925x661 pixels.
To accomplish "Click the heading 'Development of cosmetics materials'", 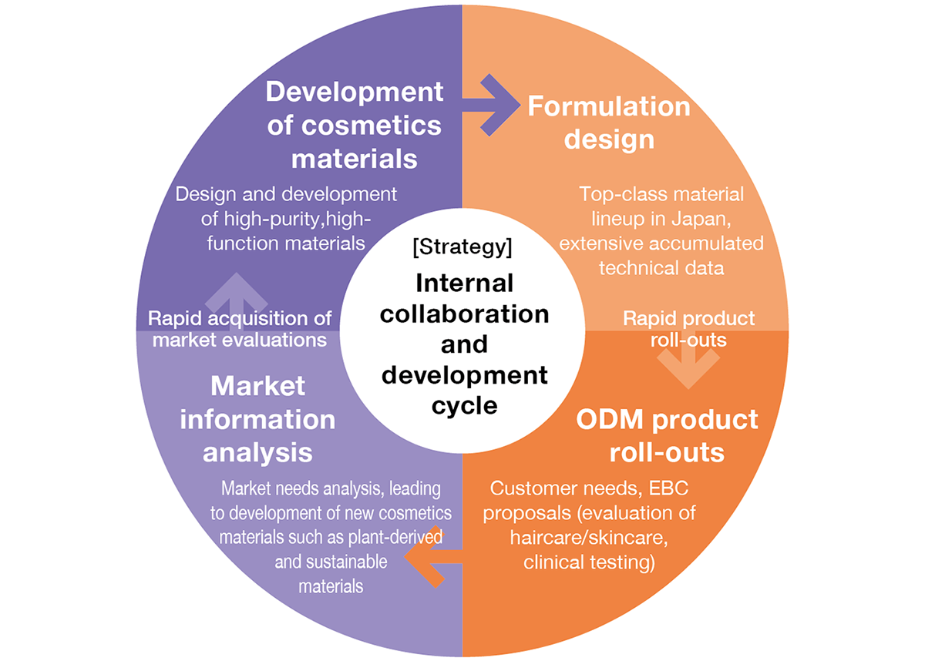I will (x=355, y=125).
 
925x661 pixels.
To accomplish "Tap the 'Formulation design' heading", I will (x=609, y=122).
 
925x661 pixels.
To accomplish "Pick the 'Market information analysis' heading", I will (x=257, y=419).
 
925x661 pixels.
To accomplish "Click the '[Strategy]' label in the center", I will (x=462, y=248).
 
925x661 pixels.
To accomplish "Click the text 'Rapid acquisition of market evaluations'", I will (x=240, y=328).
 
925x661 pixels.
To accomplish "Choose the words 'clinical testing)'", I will (x=589, y=562).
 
